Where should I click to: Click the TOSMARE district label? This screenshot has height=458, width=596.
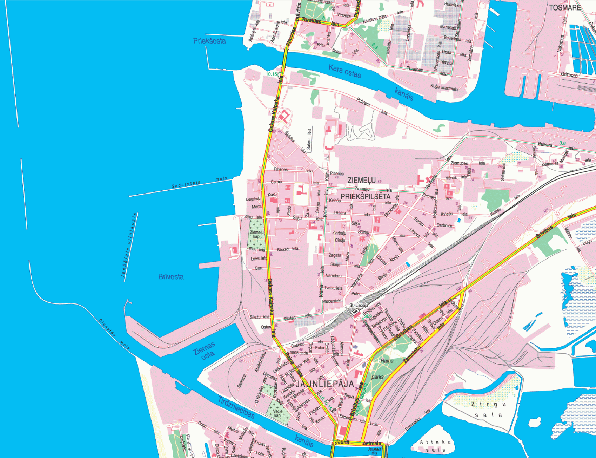pyautogui.click(x=565, y=7)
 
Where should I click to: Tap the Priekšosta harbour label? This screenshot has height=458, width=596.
pyautogui.click(x=209, y=41)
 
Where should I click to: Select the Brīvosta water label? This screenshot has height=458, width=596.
pyautogui.click(x=171, y=277)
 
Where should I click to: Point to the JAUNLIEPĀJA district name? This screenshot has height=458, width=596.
pyautogui.click(x=324, y=384)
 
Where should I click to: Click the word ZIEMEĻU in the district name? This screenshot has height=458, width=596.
pyautogui.click(x=362, y=181)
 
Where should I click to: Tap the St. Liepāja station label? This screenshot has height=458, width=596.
pyautogui.click(x=359, y=305)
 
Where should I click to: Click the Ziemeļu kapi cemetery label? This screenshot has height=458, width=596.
pyautogui.click(x=257, y=235)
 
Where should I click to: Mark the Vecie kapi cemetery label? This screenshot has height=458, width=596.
pyautogui.click(x=278, y=413)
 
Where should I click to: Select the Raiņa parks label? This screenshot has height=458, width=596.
pyautogui.click(x=382, y=369)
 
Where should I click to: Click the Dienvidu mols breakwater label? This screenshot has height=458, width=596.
pyautogui.click(x=114, y=334)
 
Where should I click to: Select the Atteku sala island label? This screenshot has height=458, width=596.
pyautogui.click(x=435, y=446)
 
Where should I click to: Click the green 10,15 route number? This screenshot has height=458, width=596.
pyautogui.click(x=271, y=74)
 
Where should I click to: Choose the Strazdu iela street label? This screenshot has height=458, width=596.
pyautogui.click(x=288, y=249)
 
